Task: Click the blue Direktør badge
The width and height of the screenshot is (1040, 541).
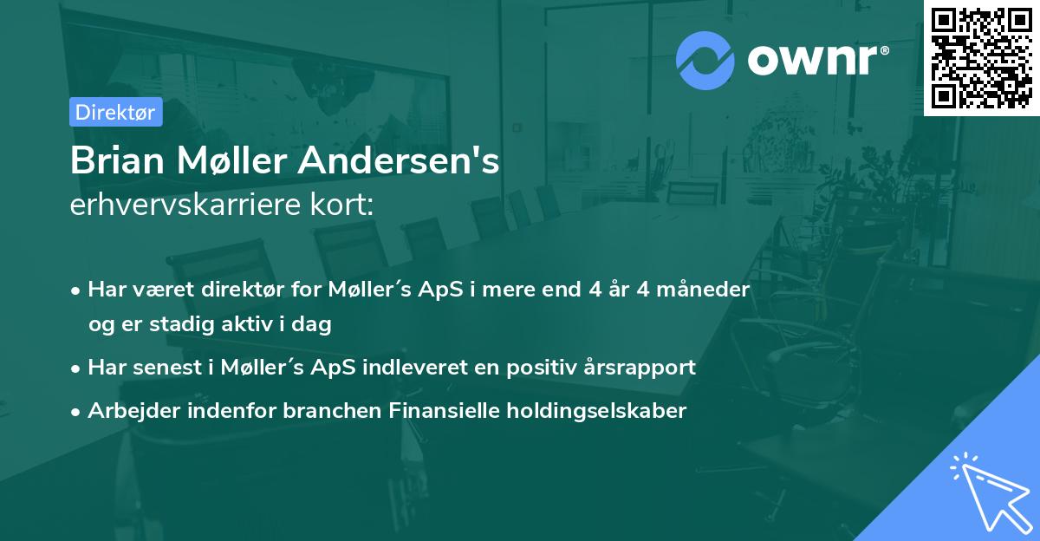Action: coord(115,112)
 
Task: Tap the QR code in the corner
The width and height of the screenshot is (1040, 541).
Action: coord(982,57)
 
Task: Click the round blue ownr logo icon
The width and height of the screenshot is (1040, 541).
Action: coord(705,60)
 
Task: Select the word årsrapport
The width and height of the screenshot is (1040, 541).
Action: coord(645,368)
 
